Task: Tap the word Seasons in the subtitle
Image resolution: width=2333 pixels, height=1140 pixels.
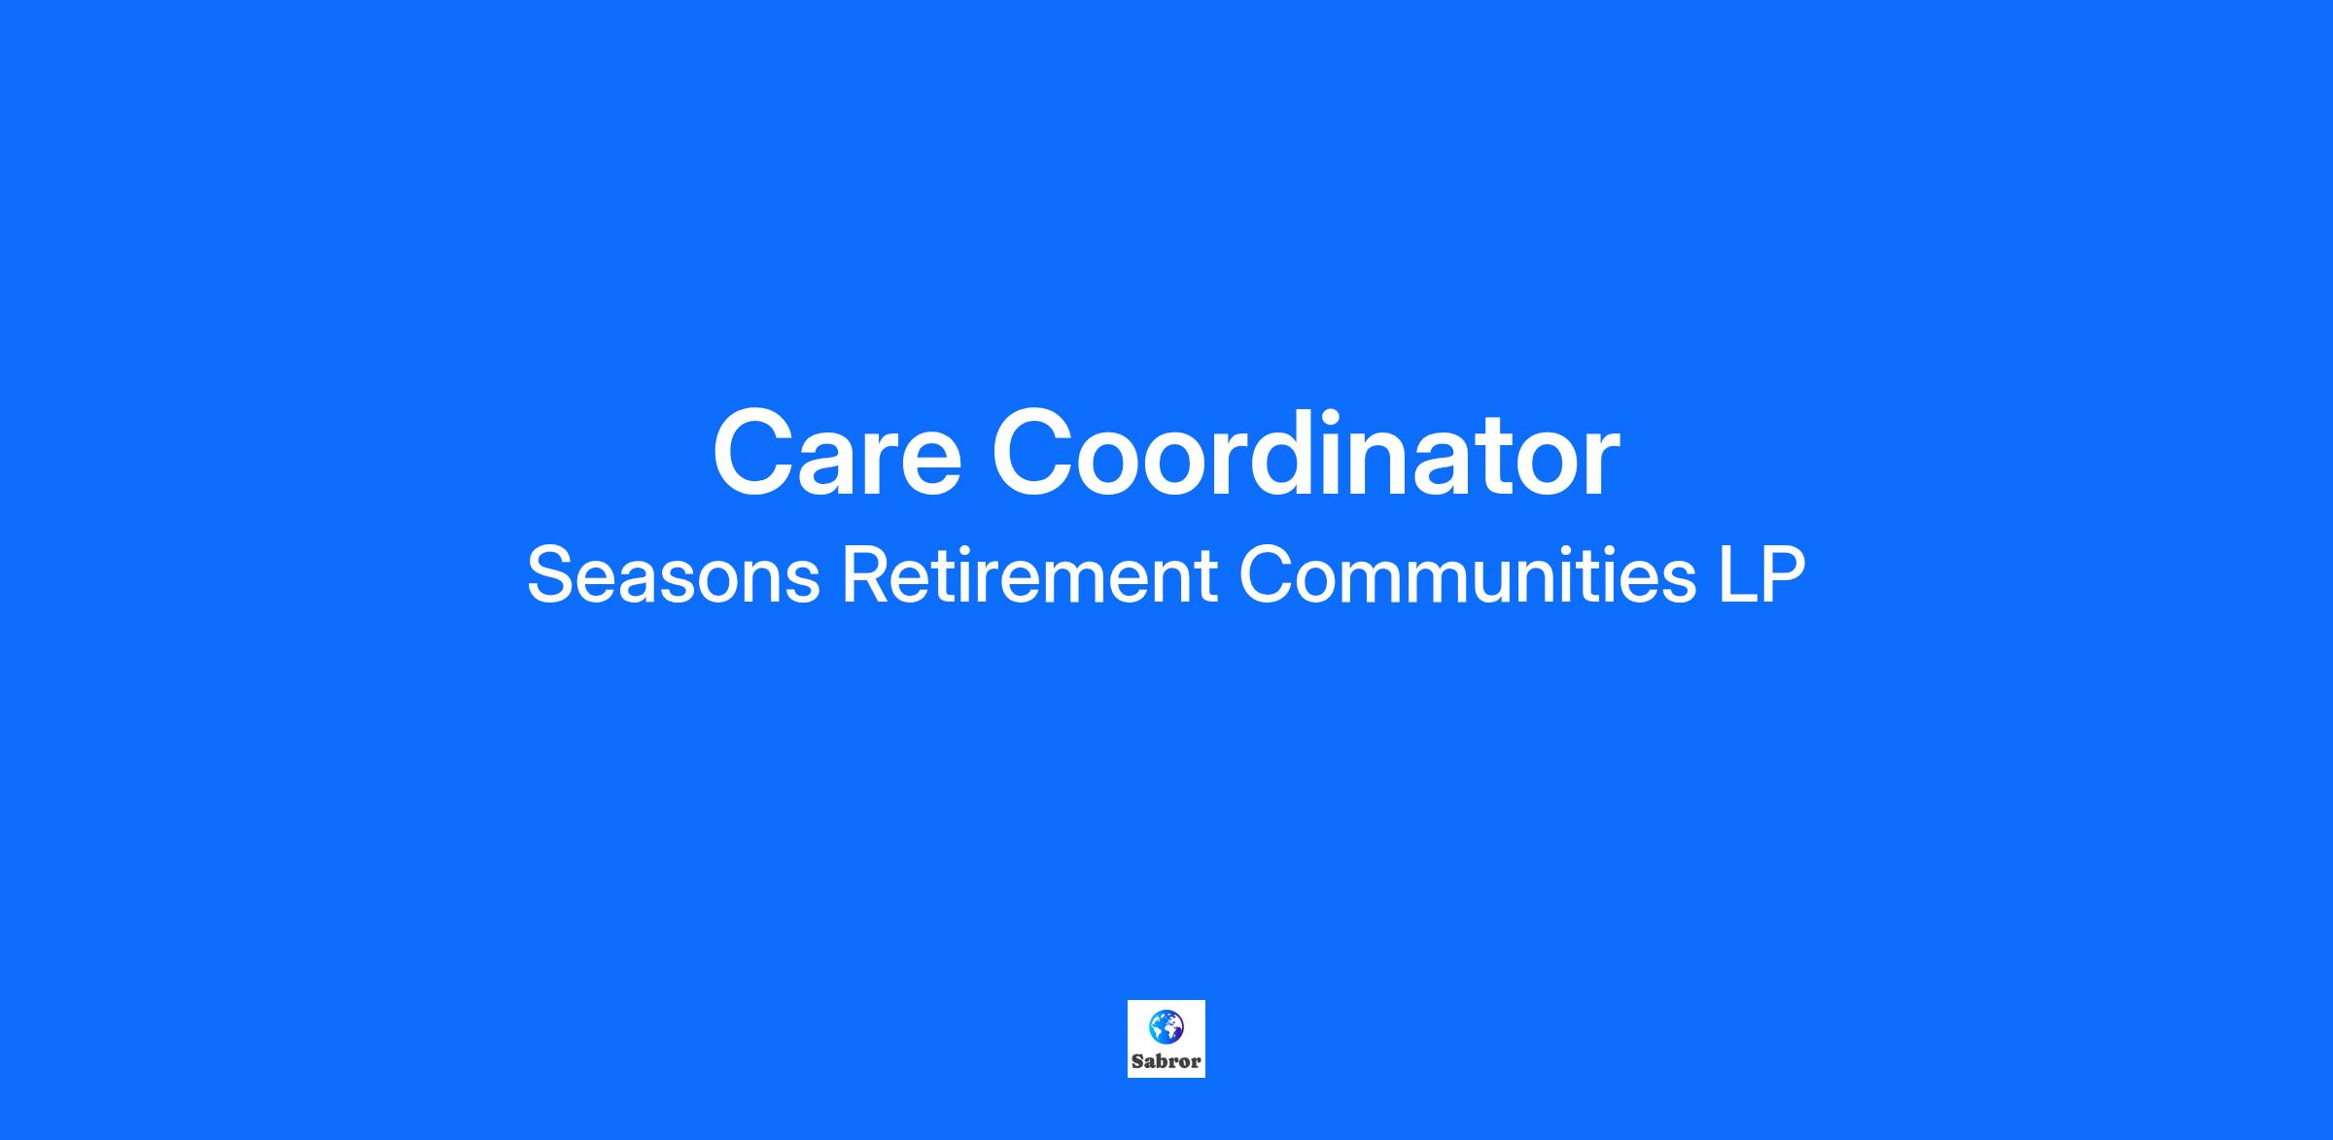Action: tap(674, 575)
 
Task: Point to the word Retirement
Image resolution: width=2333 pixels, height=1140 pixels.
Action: tap(1029, 575)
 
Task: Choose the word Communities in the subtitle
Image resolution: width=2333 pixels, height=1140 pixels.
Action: tap(1468, 575)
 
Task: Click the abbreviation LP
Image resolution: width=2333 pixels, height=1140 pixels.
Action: tap(1762, 575)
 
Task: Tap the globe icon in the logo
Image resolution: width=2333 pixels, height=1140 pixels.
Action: tap(1166, 1025)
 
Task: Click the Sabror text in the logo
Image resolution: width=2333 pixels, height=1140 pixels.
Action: tap(1166, 1061)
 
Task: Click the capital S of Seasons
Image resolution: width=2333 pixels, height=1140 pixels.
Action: tap(549, 575)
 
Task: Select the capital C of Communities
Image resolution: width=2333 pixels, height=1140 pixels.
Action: tap(1266, 575)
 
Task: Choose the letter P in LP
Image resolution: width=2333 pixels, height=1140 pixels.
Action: tap(1783, 575)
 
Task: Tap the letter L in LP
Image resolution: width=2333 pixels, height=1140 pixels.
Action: tap(1738, 575)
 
